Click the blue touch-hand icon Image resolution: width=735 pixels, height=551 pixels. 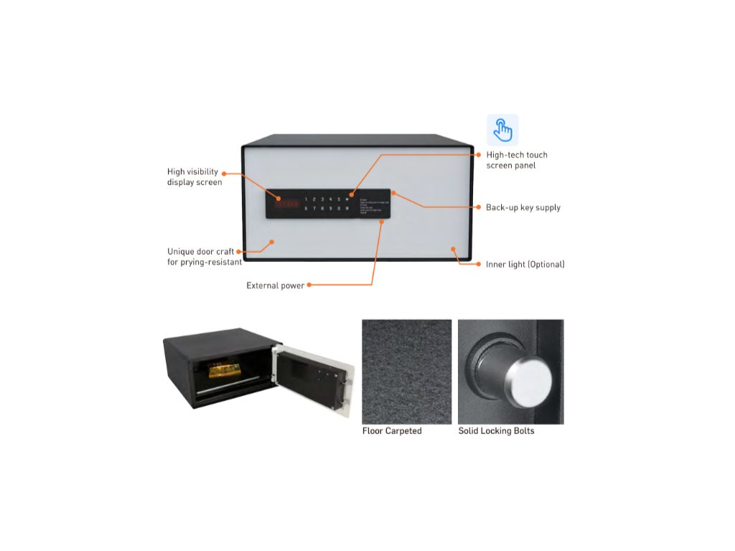coord(502,130)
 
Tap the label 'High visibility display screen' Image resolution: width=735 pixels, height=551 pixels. coord(194,177)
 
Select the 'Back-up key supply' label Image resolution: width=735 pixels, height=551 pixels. coord(523,207)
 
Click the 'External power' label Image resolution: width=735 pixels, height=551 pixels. coord(276,286)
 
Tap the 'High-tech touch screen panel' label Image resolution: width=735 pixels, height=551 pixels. coord(517,160)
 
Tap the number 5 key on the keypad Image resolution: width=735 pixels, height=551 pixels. coord(338,199)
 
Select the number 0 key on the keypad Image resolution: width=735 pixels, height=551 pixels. coord(338,209)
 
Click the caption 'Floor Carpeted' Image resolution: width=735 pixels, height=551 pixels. coord(392,431)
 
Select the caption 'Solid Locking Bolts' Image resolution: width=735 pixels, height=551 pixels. coord(496,431)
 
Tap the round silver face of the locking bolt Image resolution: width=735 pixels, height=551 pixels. coord(530,381)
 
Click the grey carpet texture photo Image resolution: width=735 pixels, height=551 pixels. coord(406,372)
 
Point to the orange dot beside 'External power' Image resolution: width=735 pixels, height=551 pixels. coord(310,286)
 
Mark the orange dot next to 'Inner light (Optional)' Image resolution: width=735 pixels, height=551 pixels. coord(479,265)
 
